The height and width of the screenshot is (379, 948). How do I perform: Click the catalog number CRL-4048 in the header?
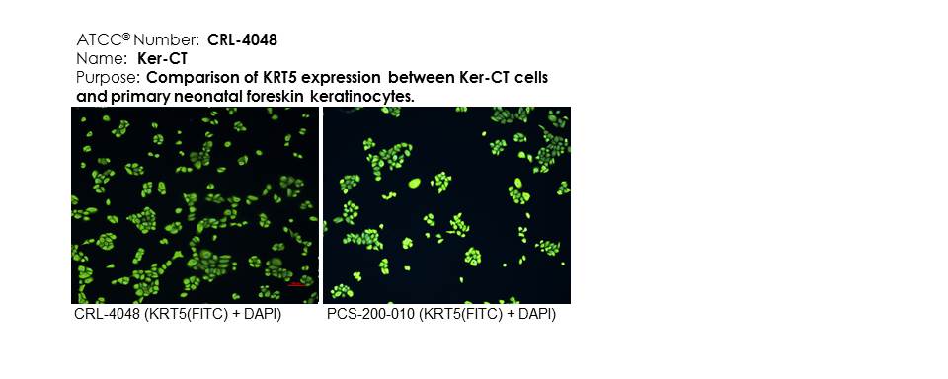coord(243,40)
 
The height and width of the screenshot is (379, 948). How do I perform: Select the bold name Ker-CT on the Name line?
coord(162,59)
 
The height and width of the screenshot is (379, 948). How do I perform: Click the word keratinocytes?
coord(362,96)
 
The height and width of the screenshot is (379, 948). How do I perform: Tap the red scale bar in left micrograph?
coord(295,283)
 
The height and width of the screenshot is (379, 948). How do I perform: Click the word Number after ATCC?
coord(166,40)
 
